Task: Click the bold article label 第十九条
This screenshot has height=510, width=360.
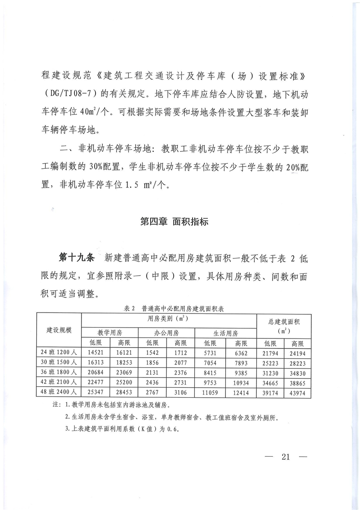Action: point(76,258)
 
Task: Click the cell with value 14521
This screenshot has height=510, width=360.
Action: point(96,352)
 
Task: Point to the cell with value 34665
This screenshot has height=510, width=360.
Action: point(270,381)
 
